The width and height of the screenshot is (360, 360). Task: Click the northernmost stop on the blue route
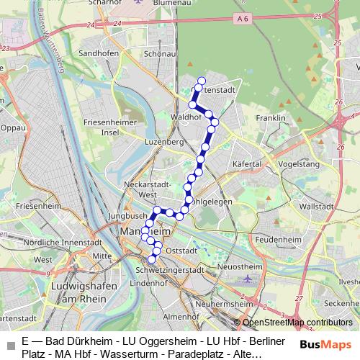[201, 81]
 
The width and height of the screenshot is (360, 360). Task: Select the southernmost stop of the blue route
[152, 259]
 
